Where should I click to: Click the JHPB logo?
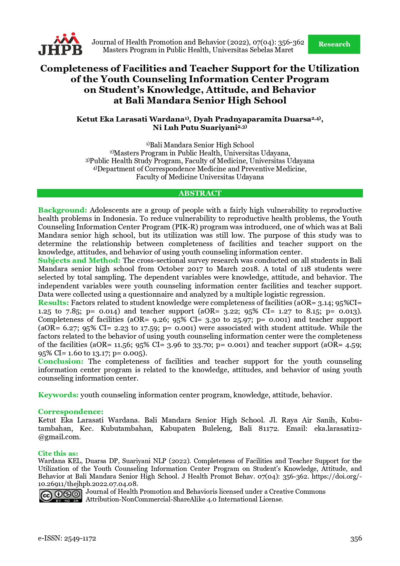tap(60, 44)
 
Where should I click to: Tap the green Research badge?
tap(334, 44)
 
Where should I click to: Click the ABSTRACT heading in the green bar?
tap(200, 193)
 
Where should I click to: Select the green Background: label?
tap(63, 210)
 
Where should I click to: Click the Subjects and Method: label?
tap(79, 261)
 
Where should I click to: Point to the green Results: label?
tap(54, 303)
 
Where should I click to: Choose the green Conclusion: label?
tap(61, 362)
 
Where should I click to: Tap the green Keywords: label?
tap(58, 395)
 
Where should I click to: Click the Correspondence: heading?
tap(71, 412)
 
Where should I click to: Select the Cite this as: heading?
tap(58, 453)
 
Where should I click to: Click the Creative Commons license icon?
tap(61, 496)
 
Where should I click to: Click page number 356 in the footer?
tap(356, 538)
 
